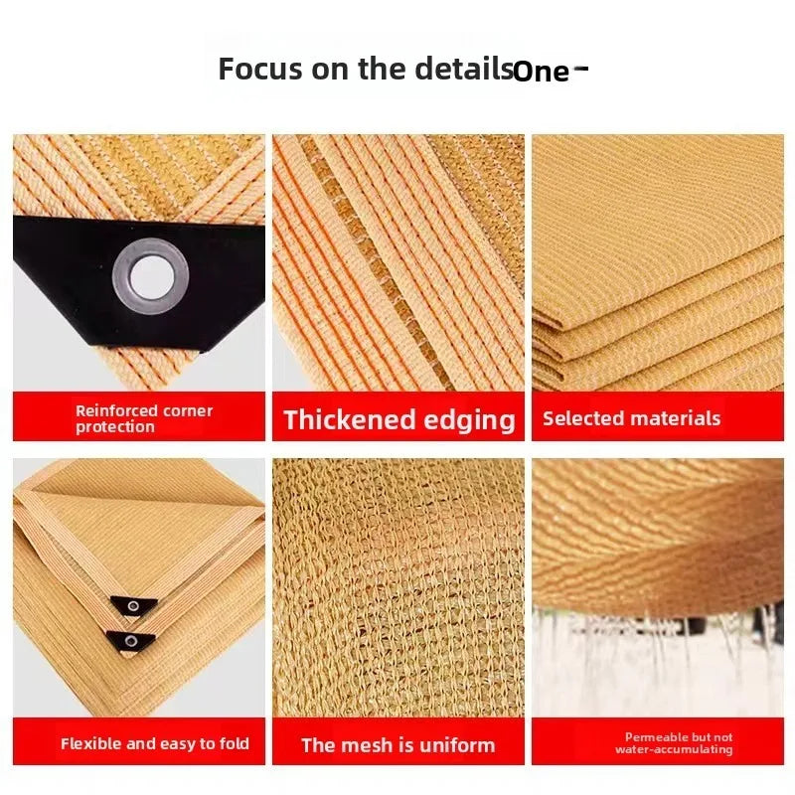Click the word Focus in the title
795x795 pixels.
click(260, 69)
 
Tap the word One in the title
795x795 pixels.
click(542, 72)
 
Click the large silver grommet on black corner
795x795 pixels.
click(151, 277)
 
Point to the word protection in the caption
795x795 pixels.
click(115, 427)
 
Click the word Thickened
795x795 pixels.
click(350, 419)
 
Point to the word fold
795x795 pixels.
click(235, 743)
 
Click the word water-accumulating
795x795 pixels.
click(675, 749)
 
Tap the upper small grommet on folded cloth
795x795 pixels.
click(133, 606)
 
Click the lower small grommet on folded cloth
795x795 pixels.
click(131, 641)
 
